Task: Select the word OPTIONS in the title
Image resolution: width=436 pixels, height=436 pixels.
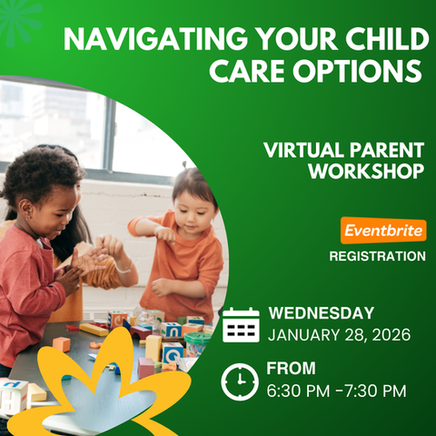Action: (x=357, y=71)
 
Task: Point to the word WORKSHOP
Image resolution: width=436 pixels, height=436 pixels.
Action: (x=366, y=172)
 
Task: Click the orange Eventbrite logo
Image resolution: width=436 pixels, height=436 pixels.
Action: (x=383, y=231)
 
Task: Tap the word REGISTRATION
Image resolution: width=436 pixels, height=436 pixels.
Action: (x=377, y=256)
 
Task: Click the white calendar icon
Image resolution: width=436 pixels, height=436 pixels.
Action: (x=241, y=324)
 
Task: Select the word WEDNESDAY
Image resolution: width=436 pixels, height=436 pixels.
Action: (x=322, y=313)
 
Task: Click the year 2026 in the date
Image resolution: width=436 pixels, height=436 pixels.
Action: (x=391, y=335)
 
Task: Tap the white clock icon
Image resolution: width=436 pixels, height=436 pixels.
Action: (x=240, y=381)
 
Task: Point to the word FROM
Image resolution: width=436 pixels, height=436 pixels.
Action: (x=291, y=368)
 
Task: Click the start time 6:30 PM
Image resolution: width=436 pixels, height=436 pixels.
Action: (x=298, y=391)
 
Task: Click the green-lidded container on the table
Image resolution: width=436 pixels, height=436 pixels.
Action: (x=196, y=344)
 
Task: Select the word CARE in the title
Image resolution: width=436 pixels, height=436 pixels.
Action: (x=247, y=71)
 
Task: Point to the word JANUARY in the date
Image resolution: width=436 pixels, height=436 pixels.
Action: (x=303, y=335)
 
